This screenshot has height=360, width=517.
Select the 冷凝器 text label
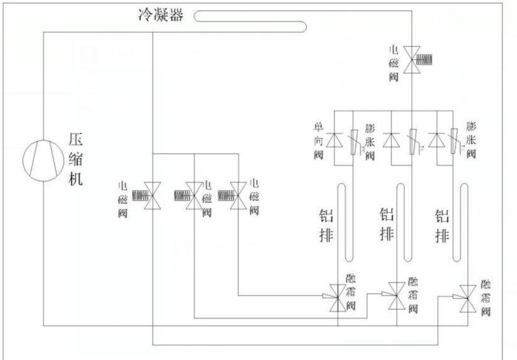[160, 15]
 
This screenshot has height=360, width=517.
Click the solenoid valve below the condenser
[411, 59]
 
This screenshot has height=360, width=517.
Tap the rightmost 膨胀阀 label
[472, 139]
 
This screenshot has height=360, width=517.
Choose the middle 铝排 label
[387, 225]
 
